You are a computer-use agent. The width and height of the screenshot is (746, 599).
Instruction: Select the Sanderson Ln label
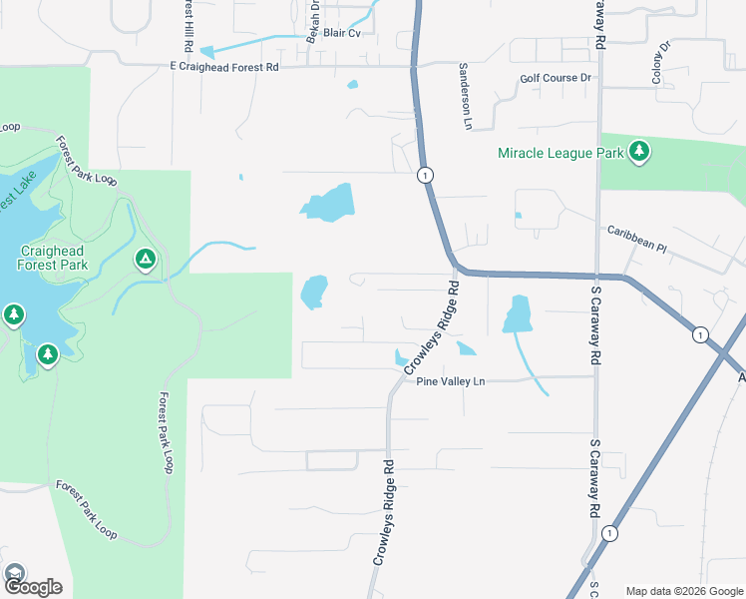pyautogui.click(x=464, y=97)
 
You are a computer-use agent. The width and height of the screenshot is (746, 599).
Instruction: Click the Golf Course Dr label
pyautogui.click(x=556, y=78)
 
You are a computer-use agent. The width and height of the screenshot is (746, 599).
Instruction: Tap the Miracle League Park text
pyautogui.click(x=561, y=153)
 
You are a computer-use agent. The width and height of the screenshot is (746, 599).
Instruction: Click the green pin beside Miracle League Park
pyautogui.click(x=639, y=152)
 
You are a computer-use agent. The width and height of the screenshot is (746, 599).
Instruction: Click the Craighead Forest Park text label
pyautogui.click(x=52, y=258)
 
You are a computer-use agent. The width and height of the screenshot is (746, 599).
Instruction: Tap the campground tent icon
pyautogui.click(x=145, y=261)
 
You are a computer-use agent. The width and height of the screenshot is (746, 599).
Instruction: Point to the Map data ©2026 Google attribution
pyautogui.click(x=684, y=591)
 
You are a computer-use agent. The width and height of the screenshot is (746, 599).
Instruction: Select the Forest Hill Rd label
pyautogui.click(x=187, y=27)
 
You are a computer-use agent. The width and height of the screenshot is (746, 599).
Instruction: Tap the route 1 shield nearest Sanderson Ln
pyautogui.click(x=425, y=175)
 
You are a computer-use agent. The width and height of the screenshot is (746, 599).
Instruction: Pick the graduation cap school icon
pyautogui.click(x=15, y=573)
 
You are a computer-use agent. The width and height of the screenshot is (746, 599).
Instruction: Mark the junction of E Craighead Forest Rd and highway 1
pyautogui.click(x=414, y=67)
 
